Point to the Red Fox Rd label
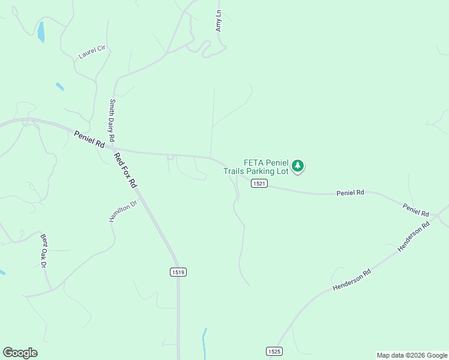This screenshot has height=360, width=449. tap(126, 170)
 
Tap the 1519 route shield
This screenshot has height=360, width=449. tap(178, 272)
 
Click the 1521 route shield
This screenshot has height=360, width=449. tap(259, 184)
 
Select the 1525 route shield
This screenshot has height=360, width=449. tap(274, 350)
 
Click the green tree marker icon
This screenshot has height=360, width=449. tap(298, 166)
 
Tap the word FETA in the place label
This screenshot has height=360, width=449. tap(254, 163)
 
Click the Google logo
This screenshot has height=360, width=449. tap(20, 353)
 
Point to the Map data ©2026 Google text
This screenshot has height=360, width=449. tap(412, 355)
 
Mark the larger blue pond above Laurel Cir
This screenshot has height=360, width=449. tap(41, 32)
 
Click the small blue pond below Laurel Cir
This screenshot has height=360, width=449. tap(59, 86)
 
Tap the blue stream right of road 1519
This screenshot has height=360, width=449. tap(205, 342)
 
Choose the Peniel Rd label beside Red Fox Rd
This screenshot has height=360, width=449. tap(89, 140)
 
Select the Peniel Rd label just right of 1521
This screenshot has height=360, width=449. tap(350, 193)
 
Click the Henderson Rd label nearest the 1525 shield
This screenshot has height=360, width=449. tap(352, 280)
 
